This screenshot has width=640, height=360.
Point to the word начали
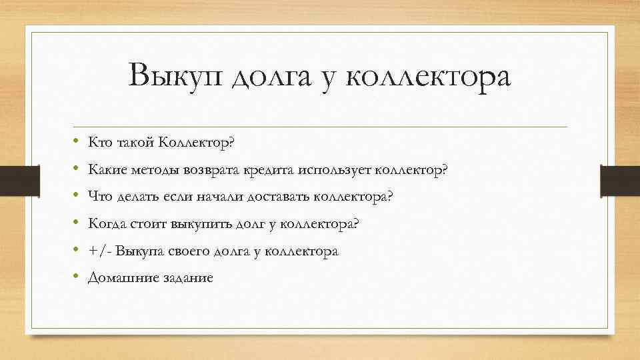[221, 197]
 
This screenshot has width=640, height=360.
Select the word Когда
[106, 224]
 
